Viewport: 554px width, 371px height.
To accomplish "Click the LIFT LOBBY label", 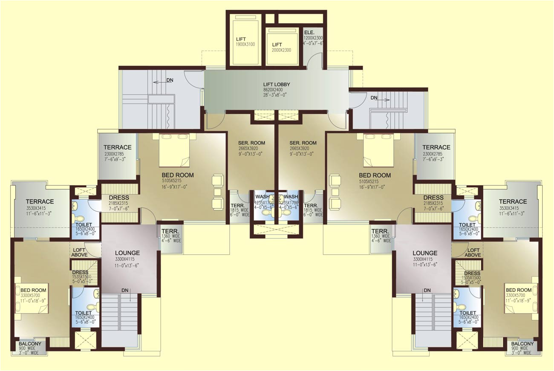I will point(276,84).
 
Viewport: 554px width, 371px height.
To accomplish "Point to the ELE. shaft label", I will point(309,32).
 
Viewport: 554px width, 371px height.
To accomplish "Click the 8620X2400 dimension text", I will point(276,90).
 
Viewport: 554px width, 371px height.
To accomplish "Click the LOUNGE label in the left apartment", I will point(127,253).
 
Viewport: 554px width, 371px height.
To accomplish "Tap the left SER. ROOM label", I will point(251,143).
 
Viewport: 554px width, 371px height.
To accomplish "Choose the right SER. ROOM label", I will point(303,143).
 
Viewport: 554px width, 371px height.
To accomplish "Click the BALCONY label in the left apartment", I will point(30,344).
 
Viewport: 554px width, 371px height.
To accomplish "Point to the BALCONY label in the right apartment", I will point(522,344).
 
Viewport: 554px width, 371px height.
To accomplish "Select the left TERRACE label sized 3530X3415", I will point(40,201).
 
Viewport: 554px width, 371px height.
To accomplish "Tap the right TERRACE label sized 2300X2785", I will point(436,147).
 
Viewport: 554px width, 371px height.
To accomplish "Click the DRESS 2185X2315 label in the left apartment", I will point(118,198).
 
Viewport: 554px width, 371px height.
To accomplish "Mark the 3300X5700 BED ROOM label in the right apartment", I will point(519,290).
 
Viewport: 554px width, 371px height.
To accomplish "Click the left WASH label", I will point(262,197).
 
